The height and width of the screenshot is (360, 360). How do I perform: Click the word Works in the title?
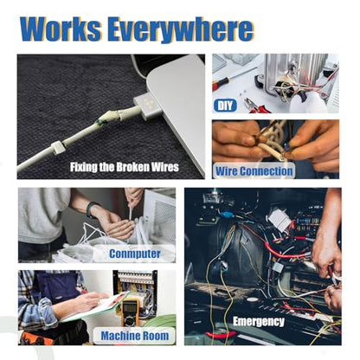pos(61,29)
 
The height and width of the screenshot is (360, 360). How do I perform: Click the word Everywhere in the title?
pos(181,30)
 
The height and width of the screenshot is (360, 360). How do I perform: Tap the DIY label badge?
pos(225,106)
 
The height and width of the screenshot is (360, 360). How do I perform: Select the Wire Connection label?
pos(254,171)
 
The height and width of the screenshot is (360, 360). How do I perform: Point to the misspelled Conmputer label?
pos(135,254)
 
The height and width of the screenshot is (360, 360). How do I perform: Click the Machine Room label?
pos(135,336)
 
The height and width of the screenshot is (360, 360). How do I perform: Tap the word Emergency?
pos(259,322)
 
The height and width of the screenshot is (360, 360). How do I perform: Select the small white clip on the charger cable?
pos(57,147)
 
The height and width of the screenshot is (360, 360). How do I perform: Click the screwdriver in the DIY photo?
pos(232,78)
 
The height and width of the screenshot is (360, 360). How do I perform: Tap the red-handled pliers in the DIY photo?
pos(257,106)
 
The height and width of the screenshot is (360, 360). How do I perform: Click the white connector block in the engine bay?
pos(280,219)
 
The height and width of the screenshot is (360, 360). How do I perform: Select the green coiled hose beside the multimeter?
pos(162,321)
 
